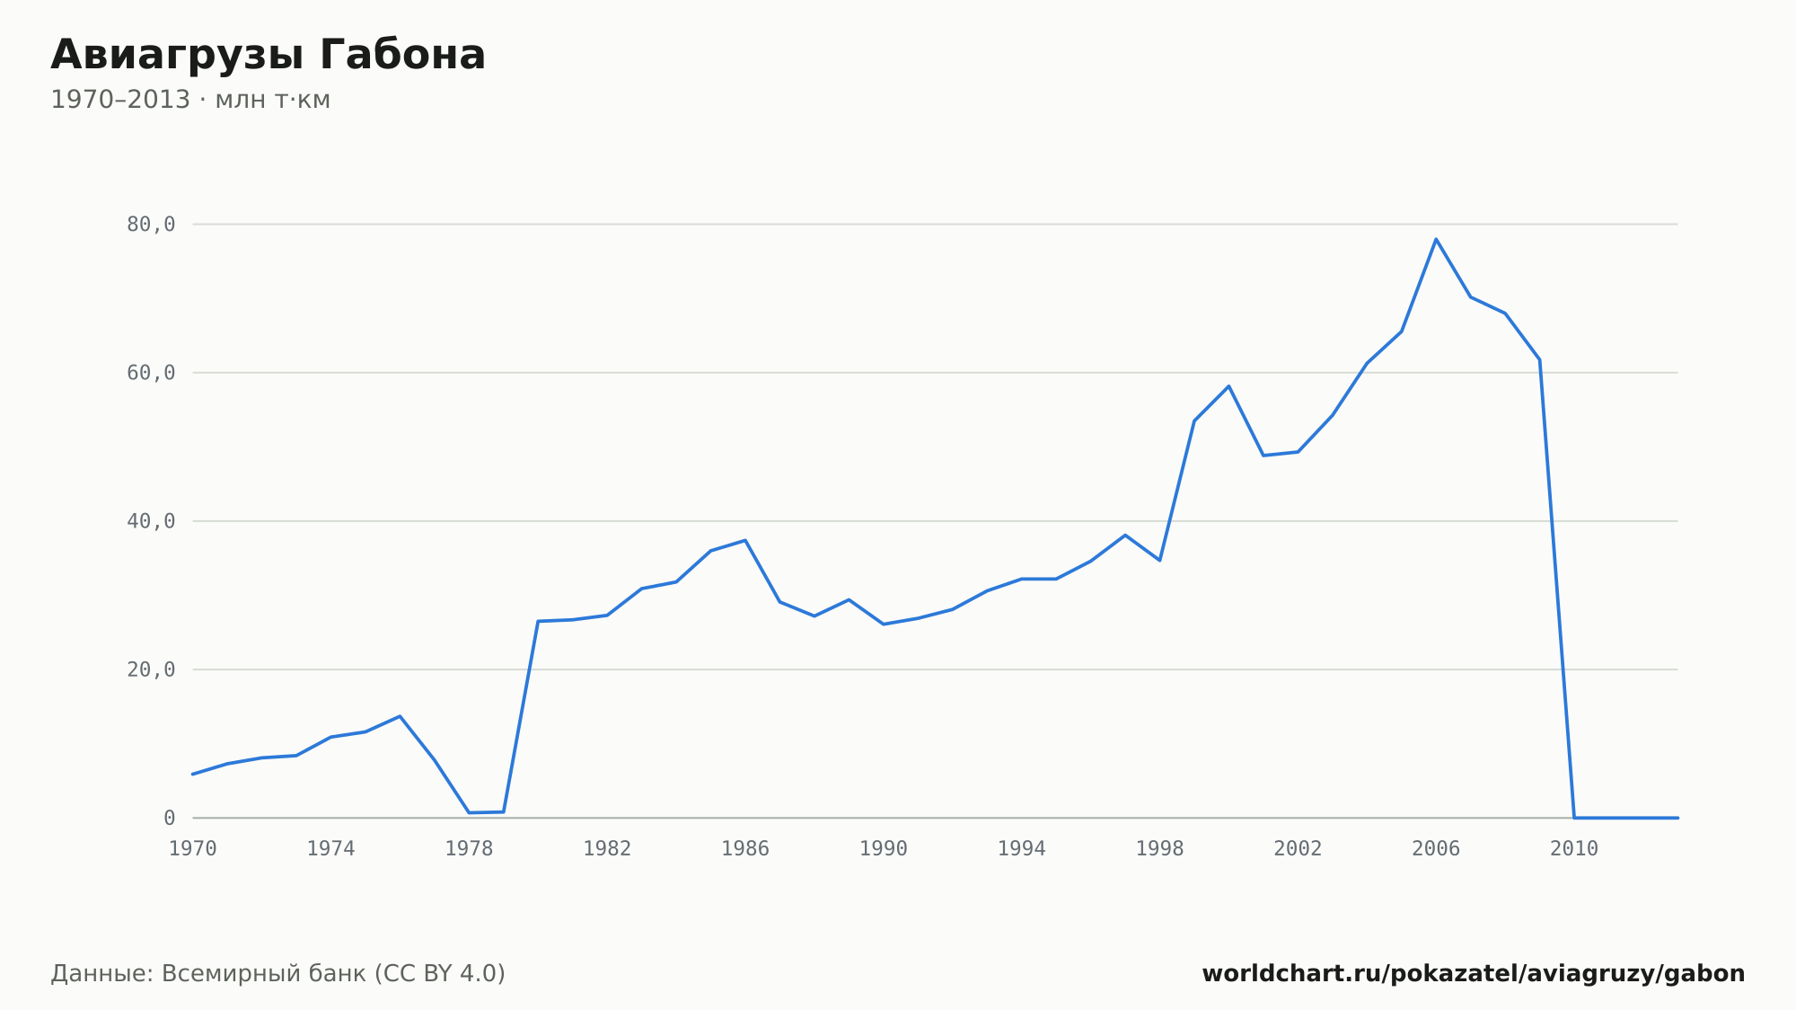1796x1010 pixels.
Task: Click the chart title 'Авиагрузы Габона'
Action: (x=268, y=56)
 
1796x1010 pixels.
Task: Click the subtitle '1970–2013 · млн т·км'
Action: (x=190, y=100)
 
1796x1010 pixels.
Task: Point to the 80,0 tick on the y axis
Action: (x=151, y=225)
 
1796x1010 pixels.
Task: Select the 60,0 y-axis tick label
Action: (x=151, y=373)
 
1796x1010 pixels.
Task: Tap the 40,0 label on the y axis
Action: (x=151, y=521)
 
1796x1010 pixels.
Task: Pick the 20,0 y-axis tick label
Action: (x=151, y=669)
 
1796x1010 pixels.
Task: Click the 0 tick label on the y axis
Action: (x=170, y=818)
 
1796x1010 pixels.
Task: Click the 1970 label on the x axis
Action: (x=193, y=849)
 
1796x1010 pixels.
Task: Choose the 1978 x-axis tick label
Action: (x=470, y=849)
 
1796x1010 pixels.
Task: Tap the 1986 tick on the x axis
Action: (x=745, y=849)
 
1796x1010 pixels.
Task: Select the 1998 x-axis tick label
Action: (x=1160, y=849)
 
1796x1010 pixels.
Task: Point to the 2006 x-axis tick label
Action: (x=1436, y=849)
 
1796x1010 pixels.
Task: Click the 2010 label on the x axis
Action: (x=1574, y=849)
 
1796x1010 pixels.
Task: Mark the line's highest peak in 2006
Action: (x=1436, y=239)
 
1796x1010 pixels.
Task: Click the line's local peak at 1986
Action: (x=745, y=540)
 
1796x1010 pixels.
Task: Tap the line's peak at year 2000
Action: (x=1228, y=386)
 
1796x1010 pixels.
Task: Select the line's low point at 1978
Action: (x=469, y=813)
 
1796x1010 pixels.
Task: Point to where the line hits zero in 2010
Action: (x=1574, y=818)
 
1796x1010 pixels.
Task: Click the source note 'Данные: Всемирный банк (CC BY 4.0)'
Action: (x=278, y=974)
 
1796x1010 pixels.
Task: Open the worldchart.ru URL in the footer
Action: (x=1474, y=974)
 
